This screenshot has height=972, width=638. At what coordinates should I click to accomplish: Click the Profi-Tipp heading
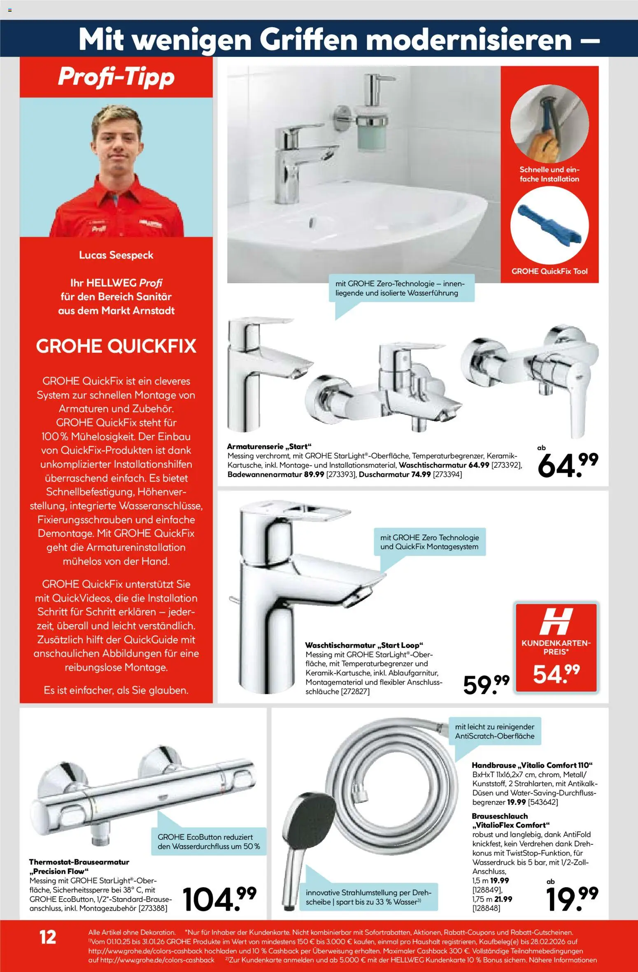116,77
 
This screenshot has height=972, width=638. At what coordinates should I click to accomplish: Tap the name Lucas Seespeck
116,255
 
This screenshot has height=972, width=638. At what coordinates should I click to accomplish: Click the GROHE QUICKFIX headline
116,346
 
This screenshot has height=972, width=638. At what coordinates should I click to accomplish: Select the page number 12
48,937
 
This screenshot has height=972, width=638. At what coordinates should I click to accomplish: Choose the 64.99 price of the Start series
568,465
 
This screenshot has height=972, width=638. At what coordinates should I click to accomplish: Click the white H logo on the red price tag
556,621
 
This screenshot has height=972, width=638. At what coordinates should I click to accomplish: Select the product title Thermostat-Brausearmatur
79,862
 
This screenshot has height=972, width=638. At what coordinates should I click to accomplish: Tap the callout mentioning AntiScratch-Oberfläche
495,731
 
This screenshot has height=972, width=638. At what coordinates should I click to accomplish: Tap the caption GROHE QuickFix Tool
549,271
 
